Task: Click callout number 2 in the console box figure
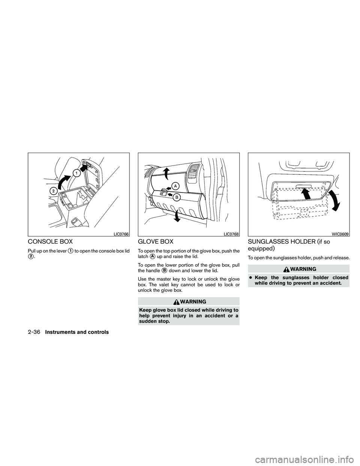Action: [x=54, y=191]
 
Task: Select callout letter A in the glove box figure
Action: [x=175, y=186]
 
